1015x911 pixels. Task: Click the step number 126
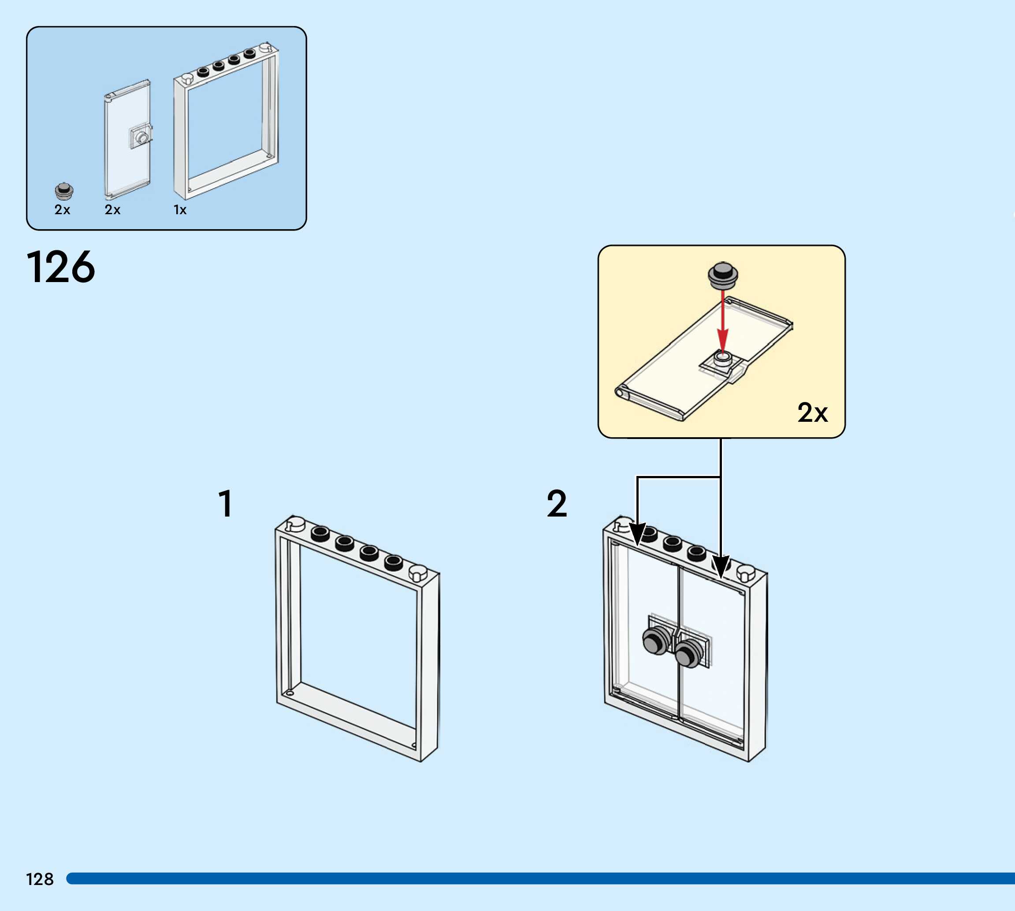60,267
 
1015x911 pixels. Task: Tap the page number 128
40,879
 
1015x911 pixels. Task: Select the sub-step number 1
226,504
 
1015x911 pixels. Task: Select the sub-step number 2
557,504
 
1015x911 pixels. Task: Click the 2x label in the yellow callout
812,413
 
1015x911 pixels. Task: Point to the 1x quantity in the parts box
180,210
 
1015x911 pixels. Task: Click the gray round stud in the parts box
64,190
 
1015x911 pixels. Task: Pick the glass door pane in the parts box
127,140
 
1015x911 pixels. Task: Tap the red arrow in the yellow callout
722,320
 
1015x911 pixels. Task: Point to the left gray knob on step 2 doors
655,641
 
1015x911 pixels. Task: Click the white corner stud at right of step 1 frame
418,573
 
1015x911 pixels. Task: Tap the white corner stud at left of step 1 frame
295,523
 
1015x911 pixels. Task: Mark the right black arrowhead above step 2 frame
721,567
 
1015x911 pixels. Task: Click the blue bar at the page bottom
540,878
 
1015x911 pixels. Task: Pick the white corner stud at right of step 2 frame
745,573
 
